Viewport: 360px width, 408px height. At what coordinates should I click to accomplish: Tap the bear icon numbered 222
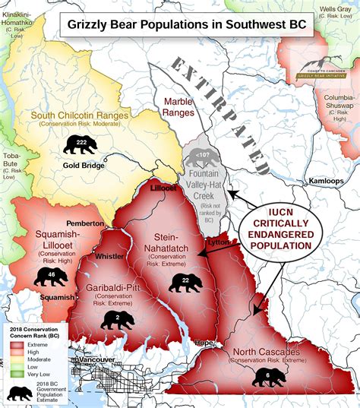pyautogui.click(x=81, y=144)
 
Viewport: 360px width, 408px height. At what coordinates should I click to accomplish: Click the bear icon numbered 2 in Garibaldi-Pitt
pyautogui.click(x=117, y=318)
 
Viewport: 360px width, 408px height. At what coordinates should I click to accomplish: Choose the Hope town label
pyautogui.click(x=205, y=343)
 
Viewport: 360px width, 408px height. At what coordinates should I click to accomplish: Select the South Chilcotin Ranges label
pyautogui.click(x=80, y=116)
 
